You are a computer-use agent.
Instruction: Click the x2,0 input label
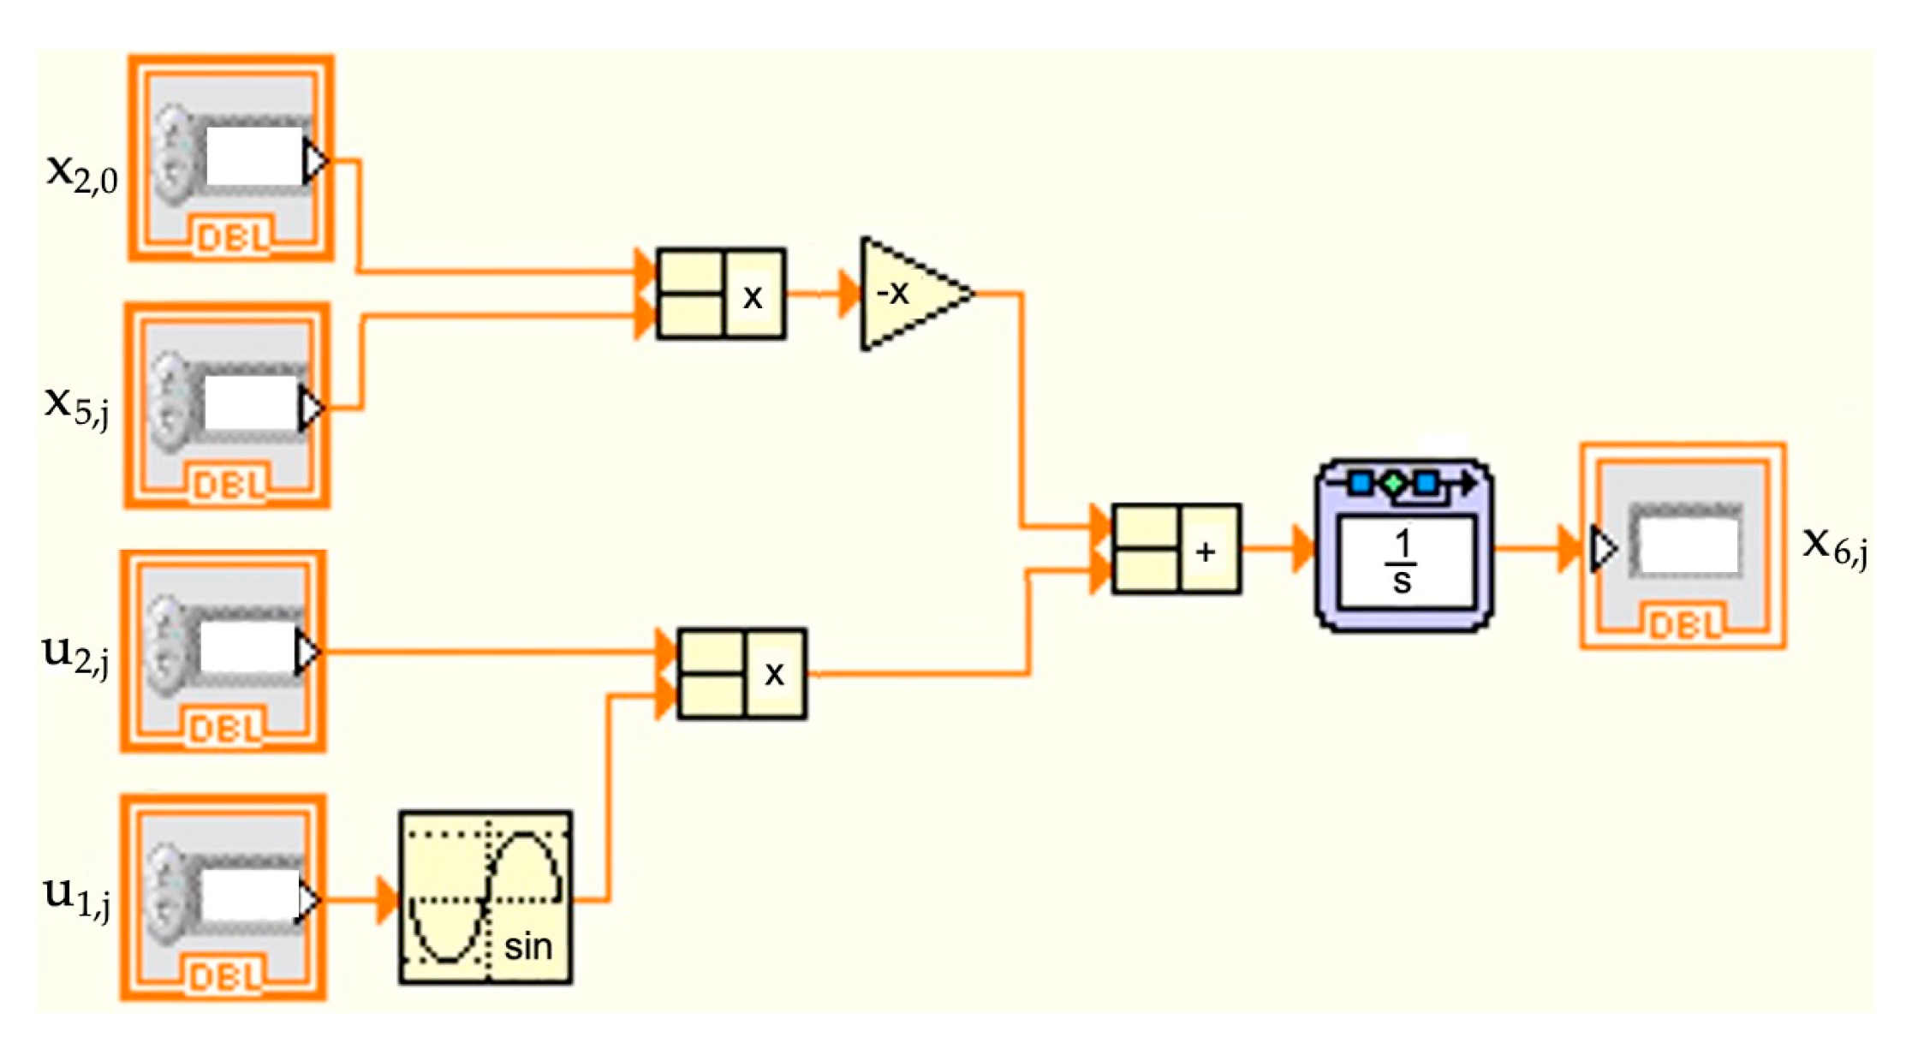tap(82, 175)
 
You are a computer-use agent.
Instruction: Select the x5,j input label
tap(77, 406)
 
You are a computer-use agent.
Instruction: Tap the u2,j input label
tap(75, 655)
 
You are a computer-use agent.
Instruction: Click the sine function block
tap(485, 897)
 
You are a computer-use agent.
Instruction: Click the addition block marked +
tap(1176, 549)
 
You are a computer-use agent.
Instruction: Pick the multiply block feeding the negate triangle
tap(721, 294)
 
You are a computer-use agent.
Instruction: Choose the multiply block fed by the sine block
tap(742, 674)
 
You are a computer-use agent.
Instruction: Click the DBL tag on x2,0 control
tap(231, 237)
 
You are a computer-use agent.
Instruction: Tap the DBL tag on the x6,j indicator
tap(1683, 626)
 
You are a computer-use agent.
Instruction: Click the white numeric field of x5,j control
tap(252, 402)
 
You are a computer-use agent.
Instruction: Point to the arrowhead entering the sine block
tap(387, 899)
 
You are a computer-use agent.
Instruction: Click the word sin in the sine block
tap(527, 947)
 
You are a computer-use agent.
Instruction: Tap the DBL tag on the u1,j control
tap(224, 977)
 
